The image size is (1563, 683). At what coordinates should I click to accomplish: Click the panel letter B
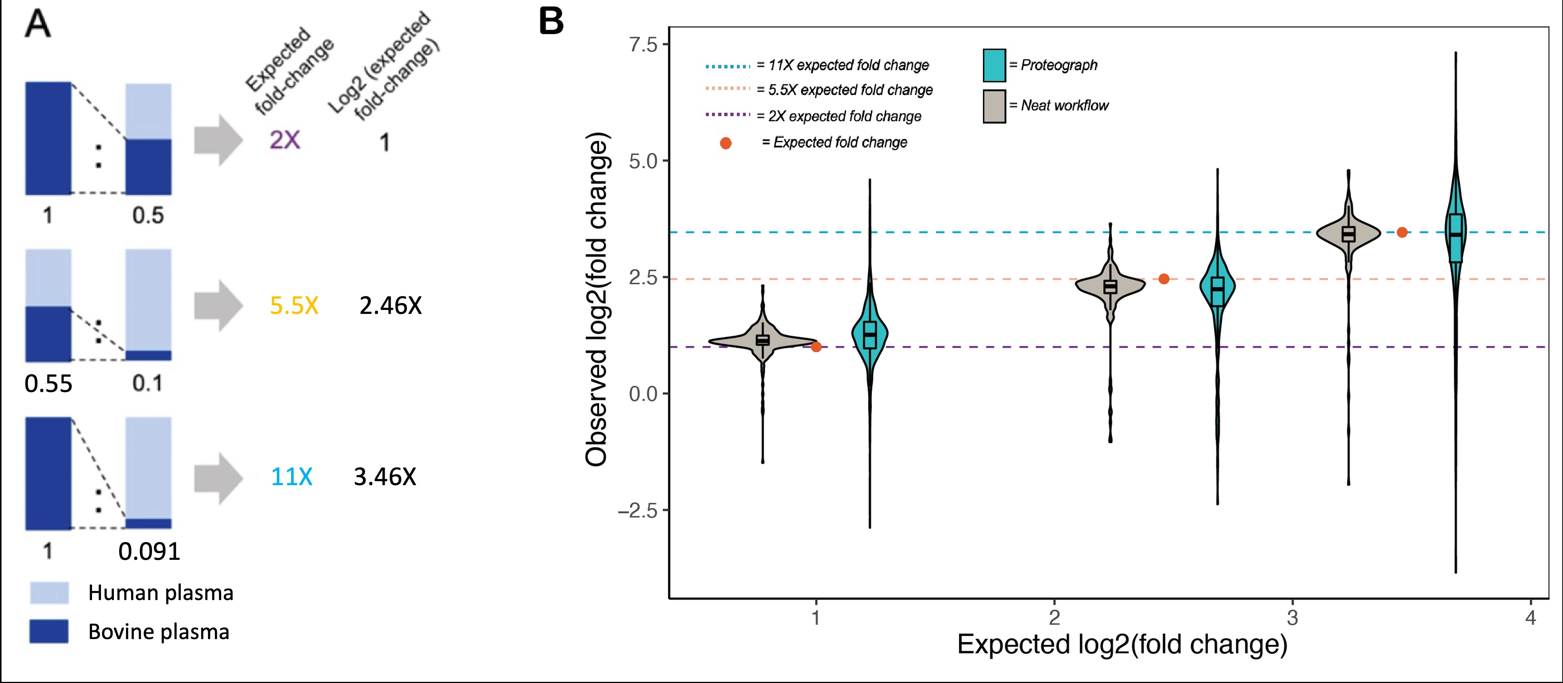point(551,23)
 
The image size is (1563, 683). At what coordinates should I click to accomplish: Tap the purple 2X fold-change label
point(285,140)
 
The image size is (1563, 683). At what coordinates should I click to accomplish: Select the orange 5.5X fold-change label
point(294,306)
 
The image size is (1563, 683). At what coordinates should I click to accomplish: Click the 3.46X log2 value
point(385,477)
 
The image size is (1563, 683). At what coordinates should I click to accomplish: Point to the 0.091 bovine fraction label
point(149,551)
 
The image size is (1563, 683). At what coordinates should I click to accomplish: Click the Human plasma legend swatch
point(49,593)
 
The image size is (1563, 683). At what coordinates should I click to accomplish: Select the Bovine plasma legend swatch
point(49,632)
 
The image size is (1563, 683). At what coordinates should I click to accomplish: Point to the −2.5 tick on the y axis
point(638,511)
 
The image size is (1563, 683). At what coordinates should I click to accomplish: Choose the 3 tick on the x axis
point(1293,618)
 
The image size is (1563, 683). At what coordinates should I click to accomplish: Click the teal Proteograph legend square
point(994,65)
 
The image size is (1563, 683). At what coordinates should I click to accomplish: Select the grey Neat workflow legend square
point(994,106)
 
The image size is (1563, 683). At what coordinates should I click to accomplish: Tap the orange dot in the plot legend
point(726,143)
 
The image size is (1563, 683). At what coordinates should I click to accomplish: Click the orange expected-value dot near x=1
point(816,347)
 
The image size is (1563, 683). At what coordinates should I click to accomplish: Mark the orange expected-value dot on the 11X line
point(1401,232)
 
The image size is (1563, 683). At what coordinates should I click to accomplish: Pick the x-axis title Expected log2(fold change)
point(1122,644)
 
